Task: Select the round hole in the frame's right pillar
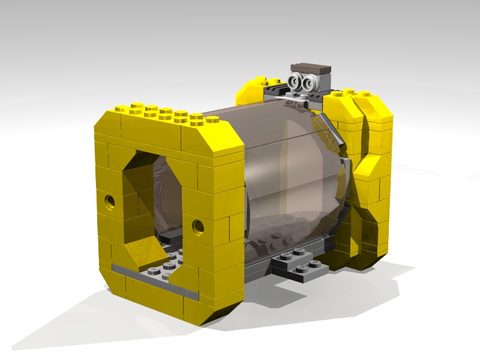click(197, 226)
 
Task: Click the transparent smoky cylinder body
click(282, 174)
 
